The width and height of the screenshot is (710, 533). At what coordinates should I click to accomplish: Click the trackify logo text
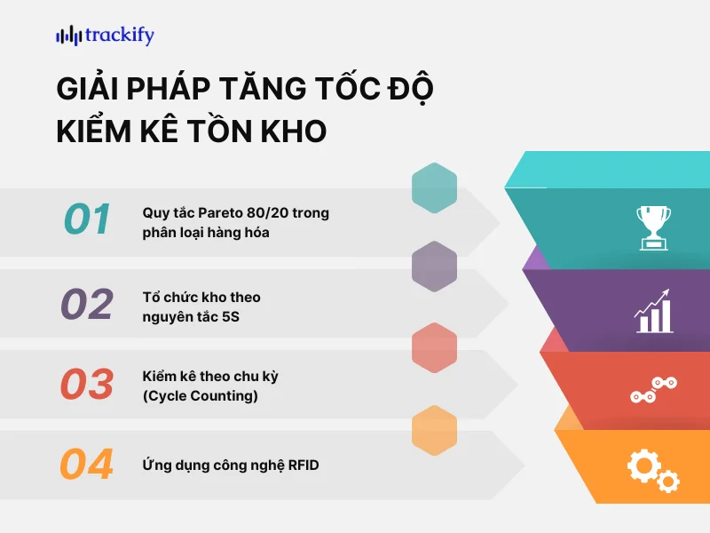click(120, 36)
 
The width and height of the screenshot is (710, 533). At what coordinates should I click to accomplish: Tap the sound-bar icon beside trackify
click(68, 36)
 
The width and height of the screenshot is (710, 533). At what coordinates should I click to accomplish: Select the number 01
click(87, 219)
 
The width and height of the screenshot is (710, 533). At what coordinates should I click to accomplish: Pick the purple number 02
click(87, 305)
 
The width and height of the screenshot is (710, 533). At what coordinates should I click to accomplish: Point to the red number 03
click(87, 384)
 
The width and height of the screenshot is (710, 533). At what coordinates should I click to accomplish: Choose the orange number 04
click(87, 465)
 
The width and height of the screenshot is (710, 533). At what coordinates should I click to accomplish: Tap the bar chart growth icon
click(653, 311)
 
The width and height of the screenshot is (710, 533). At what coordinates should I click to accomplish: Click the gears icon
click(652, 469)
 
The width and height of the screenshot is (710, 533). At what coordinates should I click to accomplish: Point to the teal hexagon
click(435, 188)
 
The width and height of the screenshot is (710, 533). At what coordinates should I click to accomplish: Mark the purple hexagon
click(435, 266)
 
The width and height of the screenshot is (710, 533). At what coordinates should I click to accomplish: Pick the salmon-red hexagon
click(435, 348)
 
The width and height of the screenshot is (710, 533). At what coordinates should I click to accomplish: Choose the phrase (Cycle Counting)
click(201, 396)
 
